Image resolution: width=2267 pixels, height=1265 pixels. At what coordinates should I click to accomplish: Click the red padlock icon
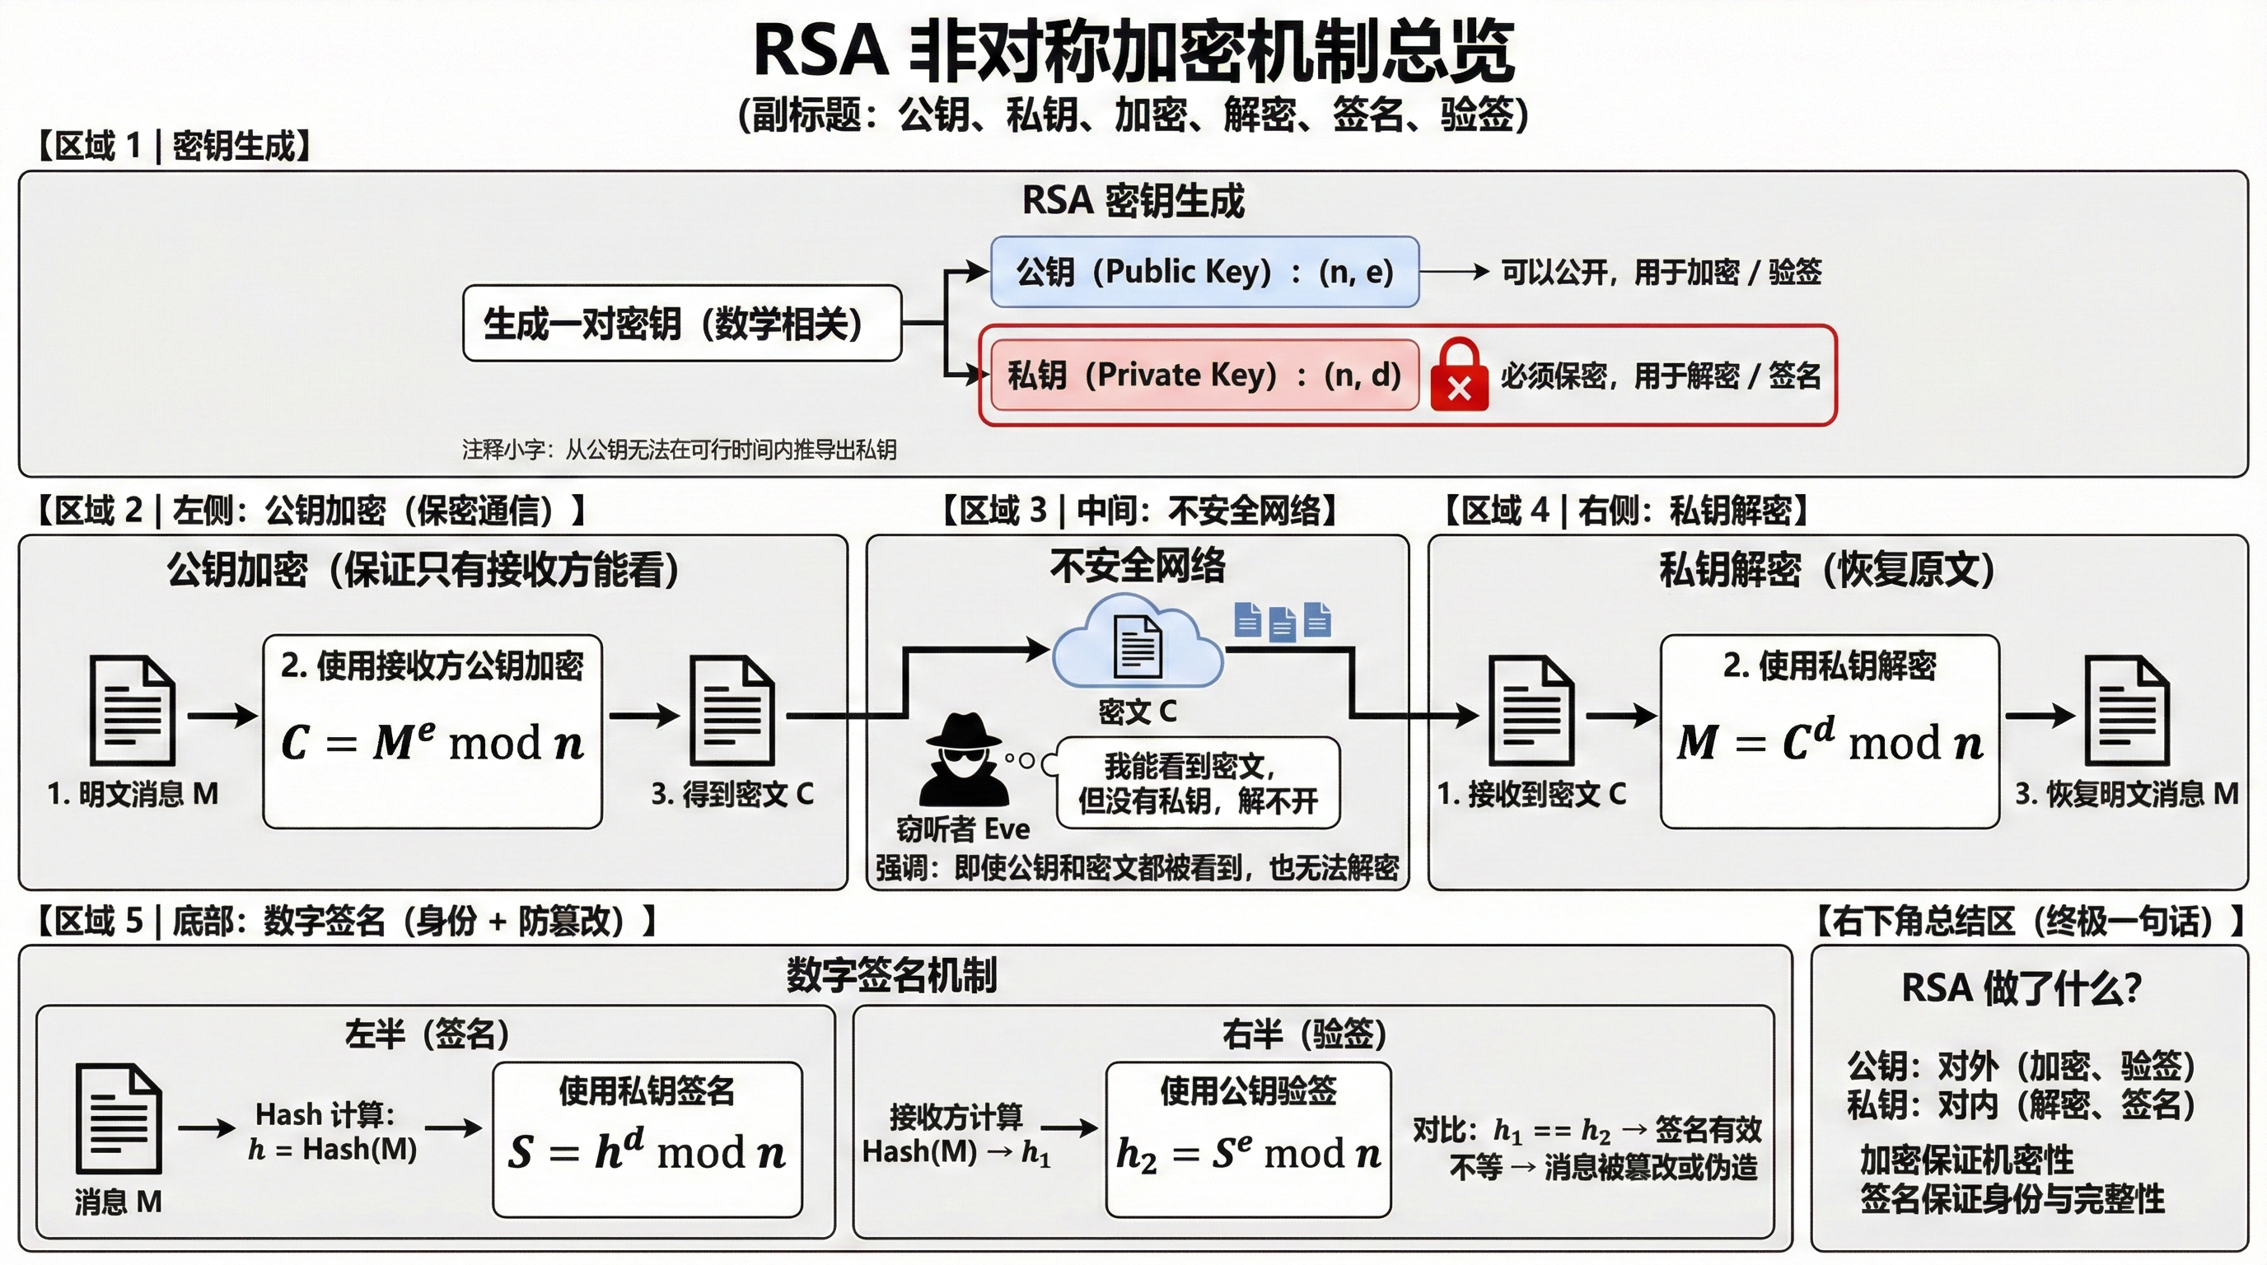pos(1458,376)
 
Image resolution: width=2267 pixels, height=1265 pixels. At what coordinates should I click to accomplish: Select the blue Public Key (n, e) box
pos(1204,272)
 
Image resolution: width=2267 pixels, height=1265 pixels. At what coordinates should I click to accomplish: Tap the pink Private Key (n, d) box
pos(1204,376)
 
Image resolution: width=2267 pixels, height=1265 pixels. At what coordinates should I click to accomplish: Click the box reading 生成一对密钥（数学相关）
pos(682,323)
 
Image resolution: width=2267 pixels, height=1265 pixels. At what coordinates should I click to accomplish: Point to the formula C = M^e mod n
pos(432,741)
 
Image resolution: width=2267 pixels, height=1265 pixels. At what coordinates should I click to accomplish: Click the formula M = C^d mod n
pos(1830,740)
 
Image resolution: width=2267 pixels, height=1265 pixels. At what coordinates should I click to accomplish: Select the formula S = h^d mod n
pos(647,1151)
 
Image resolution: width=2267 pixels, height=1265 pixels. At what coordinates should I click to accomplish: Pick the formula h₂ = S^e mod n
pos(1248,1152)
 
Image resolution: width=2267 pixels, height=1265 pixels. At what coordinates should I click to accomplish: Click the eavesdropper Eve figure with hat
pos(964,762)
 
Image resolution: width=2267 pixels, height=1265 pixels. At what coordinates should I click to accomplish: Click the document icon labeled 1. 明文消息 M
pos(133,711)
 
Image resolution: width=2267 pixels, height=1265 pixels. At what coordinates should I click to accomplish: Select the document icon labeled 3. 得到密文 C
pos(732,711)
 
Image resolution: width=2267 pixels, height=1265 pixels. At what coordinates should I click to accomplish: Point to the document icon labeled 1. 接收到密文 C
pos(1531,711)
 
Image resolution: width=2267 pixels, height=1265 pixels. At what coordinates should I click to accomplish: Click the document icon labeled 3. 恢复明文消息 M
pos(2126,711)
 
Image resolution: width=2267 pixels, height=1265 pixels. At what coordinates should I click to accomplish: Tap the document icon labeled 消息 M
pos(119,1118)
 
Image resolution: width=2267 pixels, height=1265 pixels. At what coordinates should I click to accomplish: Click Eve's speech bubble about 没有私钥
pos(1198,783)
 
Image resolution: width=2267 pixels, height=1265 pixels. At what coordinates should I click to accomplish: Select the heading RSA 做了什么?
pos(2021,989)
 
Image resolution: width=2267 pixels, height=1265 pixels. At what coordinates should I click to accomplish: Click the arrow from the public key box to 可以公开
pos(1454,272)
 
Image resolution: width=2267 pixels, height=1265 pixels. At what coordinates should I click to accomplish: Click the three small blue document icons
pos(1283,621)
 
